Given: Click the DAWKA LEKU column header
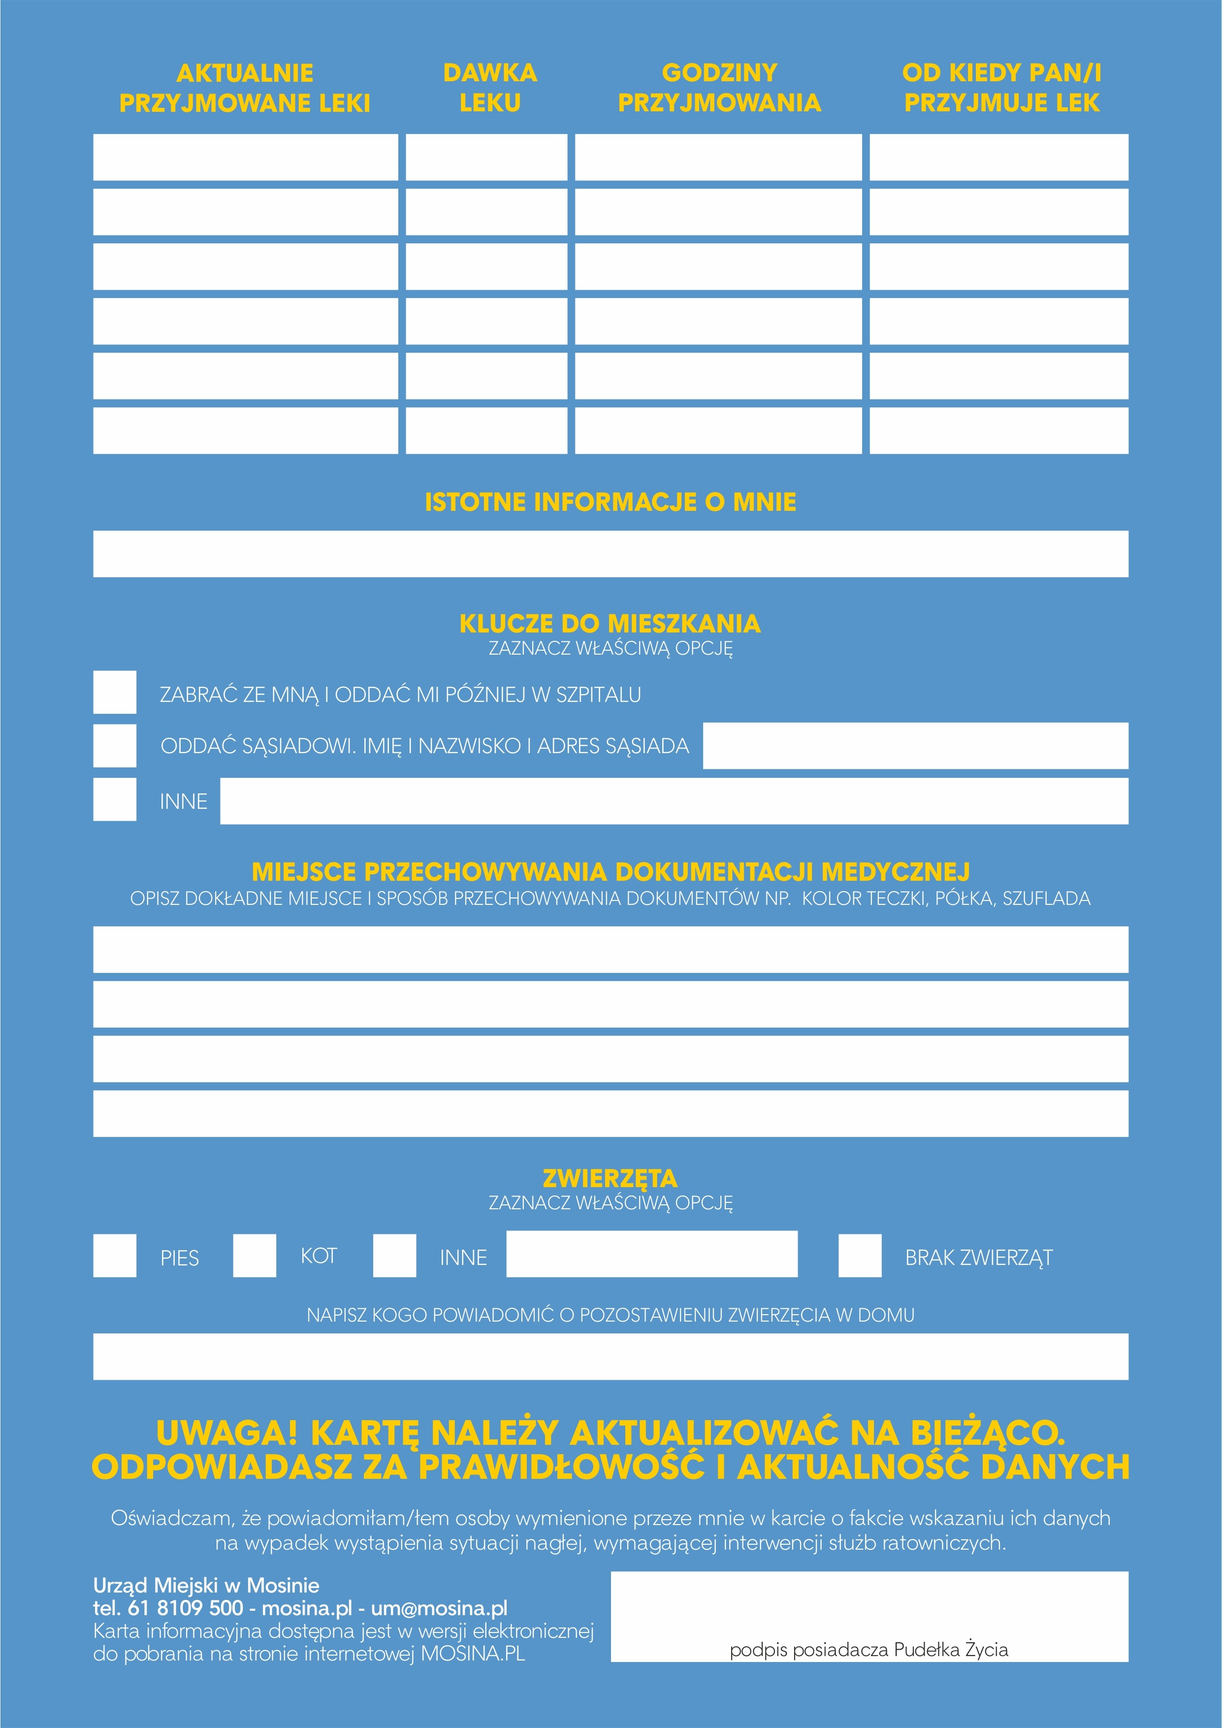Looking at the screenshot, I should [490, 88].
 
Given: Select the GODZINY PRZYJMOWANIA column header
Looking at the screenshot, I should [719, 88].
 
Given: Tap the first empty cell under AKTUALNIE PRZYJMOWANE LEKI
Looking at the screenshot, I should [245, 157].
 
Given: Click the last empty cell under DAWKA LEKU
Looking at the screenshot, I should [486, 431].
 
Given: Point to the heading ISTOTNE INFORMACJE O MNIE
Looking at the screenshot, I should [610, 502].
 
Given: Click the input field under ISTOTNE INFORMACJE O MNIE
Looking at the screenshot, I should [610, 554].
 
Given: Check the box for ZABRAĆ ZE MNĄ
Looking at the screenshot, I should [114, 692].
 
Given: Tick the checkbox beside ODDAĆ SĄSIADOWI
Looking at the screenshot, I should [114, 746].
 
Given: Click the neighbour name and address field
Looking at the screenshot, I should [915, 746].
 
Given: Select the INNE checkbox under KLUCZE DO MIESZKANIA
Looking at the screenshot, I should [114, 799].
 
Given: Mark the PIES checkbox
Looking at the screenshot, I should [114, 1255].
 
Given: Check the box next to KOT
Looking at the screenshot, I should [255, 1255].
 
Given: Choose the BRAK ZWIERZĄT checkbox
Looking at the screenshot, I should [860, 1255].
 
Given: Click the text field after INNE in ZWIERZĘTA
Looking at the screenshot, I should [652, 1254].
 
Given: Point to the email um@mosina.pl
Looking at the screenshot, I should [440, 1608].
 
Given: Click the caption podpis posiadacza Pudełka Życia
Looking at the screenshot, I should [868, 1650].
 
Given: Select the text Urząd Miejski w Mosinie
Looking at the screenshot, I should [206, 1586].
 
